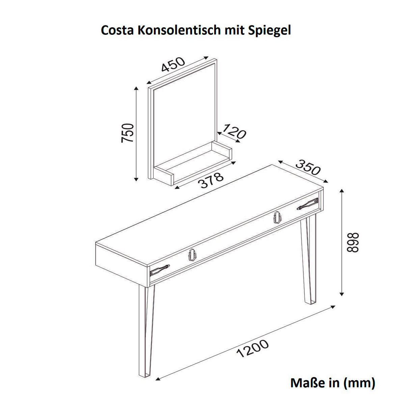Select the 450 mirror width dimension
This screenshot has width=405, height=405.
point(173,64)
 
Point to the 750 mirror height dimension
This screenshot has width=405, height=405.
point(128,133)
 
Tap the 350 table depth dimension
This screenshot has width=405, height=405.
point(307,167)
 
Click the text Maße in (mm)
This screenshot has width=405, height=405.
point(332,383)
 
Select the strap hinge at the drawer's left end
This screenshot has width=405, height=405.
point(160,270)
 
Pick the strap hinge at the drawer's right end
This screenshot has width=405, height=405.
point(307,204)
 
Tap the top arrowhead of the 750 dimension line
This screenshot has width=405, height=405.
point(136,88)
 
